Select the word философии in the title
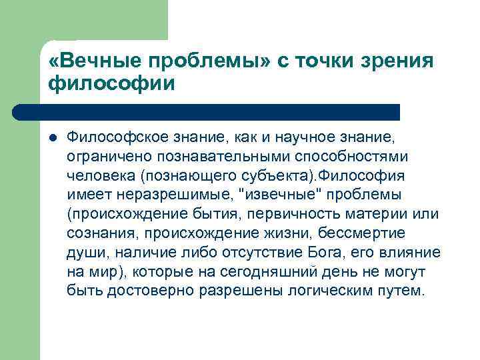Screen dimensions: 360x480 tap(111, 84)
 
